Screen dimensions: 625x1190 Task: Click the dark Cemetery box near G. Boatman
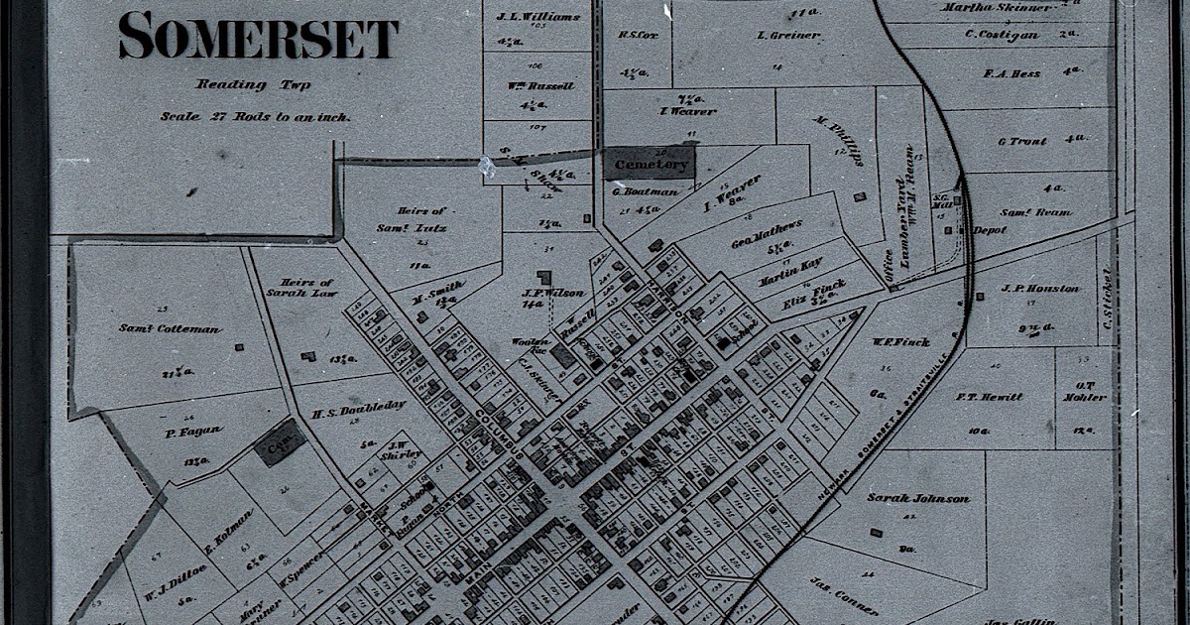tap(651, 164)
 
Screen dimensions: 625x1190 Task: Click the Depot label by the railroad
tap(989, 230)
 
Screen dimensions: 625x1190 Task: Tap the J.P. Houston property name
tap(1040, 289)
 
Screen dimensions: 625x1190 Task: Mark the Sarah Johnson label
tap(918, 498)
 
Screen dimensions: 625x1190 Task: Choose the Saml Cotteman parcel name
tap(171, 328)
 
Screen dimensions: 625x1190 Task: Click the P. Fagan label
tap(178, 434)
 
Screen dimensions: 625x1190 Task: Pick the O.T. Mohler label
tap(1083, 391)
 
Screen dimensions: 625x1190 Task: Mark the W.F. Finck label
tap(900, 342)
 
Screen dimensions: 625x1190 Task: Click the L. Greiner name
tap(787, 36)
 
